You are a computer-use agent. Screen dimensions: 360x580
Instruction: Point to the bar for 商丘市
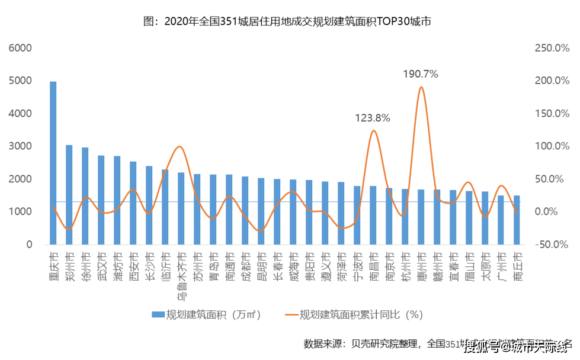coord(517,220)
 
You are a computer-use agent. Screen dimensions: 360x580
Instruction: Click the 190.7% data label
coord(420,74)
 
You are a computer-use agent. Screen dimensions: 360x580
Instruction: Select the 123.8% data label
coord(372,118)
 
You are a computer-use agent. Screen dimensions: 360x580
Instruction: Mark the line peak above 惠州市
coord(421,88)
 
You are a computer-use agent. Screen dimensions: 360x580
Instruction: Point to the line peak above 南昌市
coord(373,131)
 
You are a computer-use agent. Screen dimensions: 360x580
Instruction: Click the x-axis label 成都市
coord(245,266)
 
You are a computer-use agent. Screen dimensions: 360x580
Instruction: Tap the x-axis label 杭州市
coord(405,266)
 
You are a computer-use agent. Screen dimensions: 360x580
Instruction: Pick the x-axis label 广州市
coord(501,266)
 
